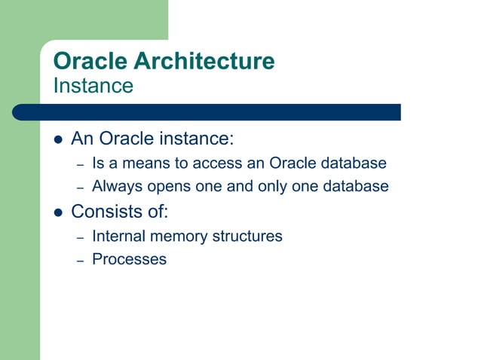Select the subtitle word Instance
coord(93,86)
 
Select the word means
coord(142,163)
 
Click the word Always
coord(115,186)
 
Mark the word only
coord(271,186)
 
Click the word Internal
coord(118,236)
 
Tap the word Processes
coord(129,259)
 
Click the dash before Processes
coord(81,260)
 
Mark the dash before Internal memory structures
coord(81,237)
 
